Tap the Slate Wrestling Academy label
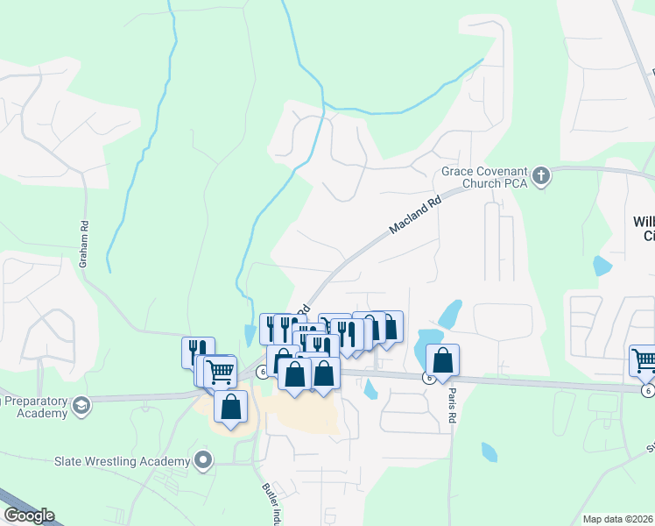123,461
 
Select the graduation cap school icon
81,405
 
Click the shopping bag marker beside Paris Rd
443,359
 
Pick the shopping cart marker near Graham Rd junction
220,372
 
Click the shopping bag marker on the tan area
230,407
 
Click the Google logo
28,515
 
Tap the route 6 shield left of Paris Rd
428,378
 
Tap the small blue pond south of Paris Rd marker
489,452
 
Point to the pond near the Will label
602,266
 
